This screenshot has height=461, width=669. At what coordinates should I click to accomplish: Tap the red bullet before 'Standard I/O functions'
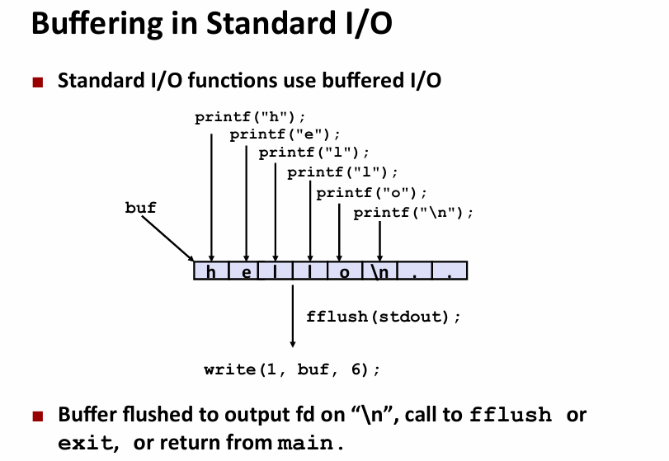click(x=38, y=82)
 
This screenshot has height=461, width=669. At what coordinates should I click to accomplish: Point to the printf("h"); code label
click(x=251, y=117)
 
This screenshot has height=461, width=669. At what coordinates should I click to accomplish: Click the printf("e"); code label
click(x=285, y=134)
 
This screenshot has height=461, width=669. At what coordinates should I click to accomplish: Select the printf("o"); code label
click(x=371, y=193)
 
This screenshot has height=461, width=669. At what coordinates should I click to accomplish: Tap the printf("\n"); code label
click(x=413, y=213)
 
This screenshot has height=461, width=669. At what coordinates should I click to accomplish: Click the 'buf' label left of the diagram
click(x=140, y=208)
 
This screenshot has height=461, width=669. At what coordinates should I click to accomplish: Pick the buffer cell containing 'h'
click(x=211, y=270)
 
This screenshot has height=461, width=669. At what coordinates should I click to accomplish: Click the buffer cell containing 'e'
click(x=246, y=270)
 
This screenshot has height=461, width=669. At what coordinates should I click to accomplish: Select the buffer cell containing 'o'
click(x=344, y=270)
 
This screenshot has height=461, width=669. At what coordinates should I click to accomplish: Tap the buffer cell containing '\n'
click(x=379, y=270)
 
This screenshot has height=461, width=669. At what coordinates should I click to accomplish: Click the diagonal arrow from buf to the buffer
click(x=167, y=238)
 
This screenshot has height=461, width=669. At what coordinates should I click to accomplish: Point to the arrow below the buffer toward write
click(x=293, y=316)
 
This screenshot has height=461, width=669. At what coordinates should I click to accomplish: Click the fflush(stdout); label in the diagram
click(x=384, y=317)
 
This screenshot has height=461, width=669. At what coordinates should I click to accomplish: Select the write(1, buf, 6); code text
click(x=292, y=369)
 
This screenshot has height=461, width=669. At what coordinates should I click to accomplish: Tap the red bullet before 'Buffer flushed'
click(x=38, y=416)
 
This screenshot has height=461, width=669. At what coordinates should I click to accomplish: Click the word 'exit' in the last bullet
click(x=87, y=443)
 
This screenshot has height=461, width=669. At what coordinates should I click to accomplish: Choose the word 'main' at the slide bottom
click(x=305, y=443)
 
